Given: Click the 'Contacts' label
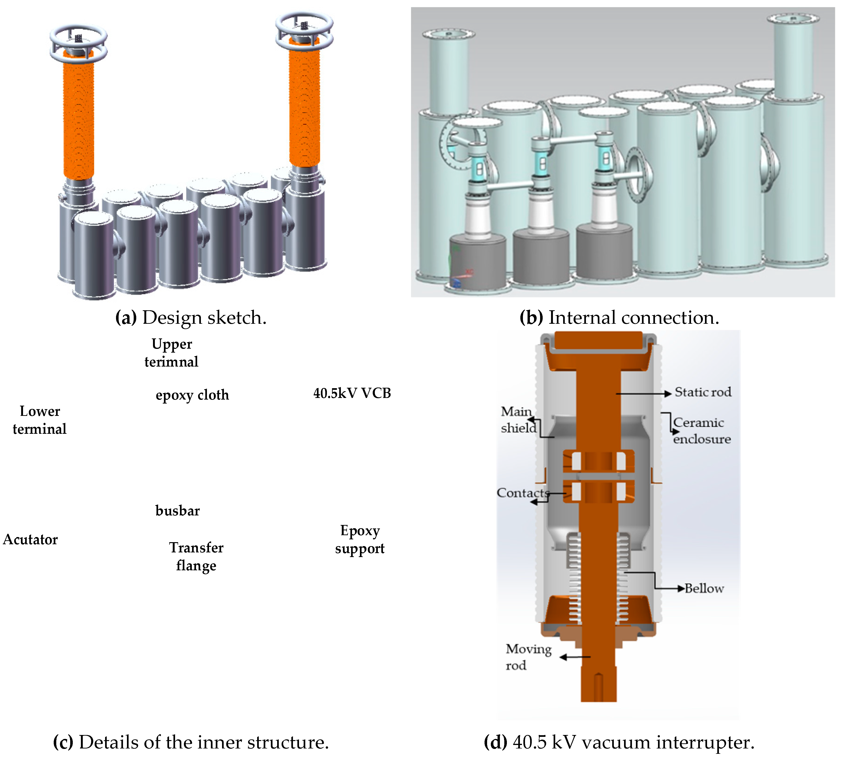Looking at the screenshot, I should pyautogui.click(x=522, y=493).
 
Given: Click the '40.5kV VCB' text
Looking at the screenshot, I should pyautogui.click(x=352, y=393).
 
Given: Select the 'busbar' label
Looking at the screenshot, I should pyautogui.click(x=177, y=511).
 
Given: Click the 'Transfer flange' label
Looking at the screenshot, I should pyautogui.click(x=196, y=556).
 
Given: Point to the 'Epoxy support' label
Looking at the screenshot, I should pyautogui.click(x=360, y=539).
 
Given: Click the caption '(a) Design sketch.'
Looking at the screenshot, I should pyautogui.click(x=191, y=318).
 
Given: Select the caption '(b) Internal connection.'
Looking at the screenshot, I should pyautogui.click(x=619, y=318).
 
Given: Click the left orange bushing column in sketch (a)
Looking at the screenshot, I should pyautogui.click(x=78, y=121).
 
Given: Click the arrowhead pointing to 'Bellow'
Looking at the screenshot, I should pyautogui.click(x=681, y=588).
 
